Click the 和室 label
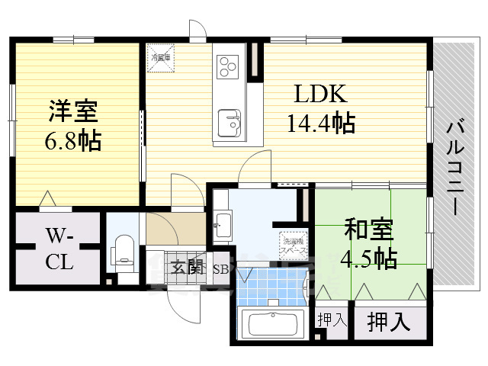(x=368, y=228)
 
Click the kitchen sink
(x=229, y=121)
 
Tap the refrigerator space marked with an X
(x=161, y=57)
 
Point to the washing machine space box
(x=292, y=242)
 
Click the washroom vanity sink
(x=223, y=224)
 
